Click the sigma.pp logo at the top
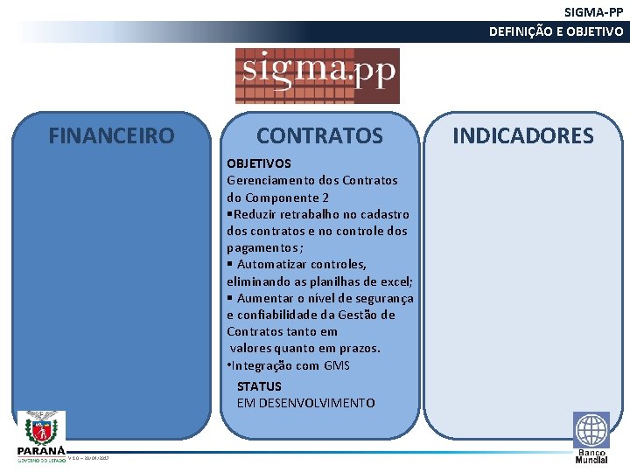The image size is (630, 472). tap(317, 75)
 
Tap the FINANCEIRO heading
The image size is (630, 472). tap(111, 136)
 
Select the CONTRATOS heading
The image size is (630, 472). tap(319, 136)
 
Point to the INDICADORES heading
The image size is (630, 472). tap(522, 136)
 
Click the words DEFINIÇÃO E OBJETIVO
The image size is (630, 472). tap(556, 32)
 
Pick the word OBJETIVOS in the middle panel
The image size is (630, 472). tap(259, 163)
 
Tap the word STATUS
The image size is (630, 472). tap(259, 386)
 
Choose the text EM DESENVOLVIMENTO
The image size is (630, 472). tap(305, 403)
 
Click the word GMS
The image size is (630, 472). tap(337, 365)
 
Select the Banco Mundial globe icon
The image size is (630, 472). tap(591, 430)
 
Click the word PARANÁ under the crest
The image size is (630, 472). tap(40, 450)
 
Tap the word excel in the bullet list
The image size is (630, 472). tap(393, 281)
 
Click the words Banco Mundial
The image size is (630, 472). tap(591, 456)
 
